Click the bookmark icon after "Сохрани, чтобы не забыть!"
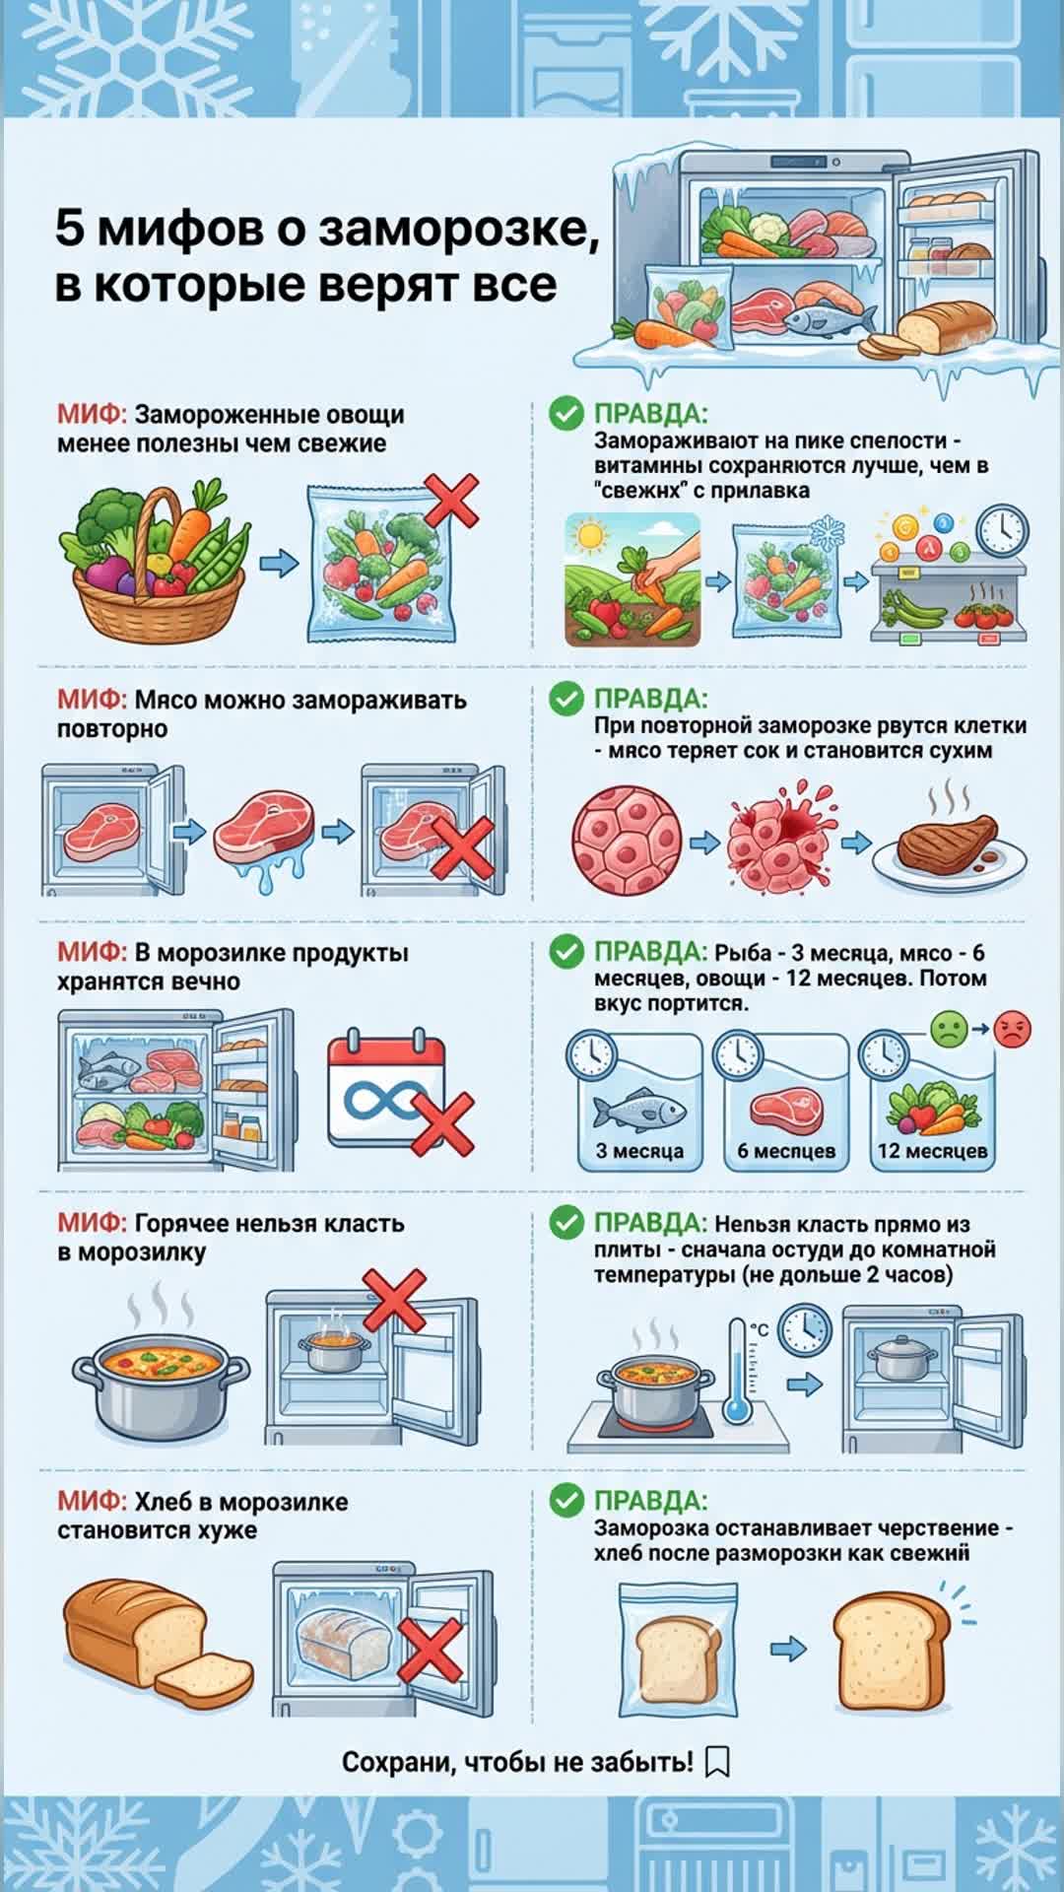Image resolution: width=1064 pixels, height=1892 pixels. point(718,1762)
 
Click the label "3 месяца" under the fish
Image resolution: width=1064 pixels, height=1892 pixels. point(639,1150)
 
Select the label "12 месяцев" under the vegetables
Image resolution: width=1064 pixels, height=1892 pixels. point(932,1150)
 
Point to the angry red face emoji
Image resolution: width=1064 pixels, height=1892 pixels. point(1012,1029)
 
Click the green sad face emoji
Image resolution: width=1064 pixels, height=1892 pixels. point(949,1030)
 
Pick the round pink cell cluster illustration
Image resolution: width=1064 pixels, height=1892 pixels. point(628,839)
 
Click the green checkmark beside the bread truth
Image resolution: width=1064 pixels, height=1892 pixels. point(566,1501)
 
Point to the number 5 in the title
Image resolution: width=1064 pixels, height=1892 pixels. point(69,228)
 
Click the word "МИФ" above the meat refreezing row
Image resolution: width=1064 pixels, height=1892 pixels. point(90,700)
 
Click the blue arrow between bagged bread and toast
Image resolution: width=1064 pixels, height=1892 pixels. point(788,1648)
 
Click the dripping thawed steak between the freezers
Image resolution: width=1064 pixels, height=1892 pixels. point(264,837)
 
